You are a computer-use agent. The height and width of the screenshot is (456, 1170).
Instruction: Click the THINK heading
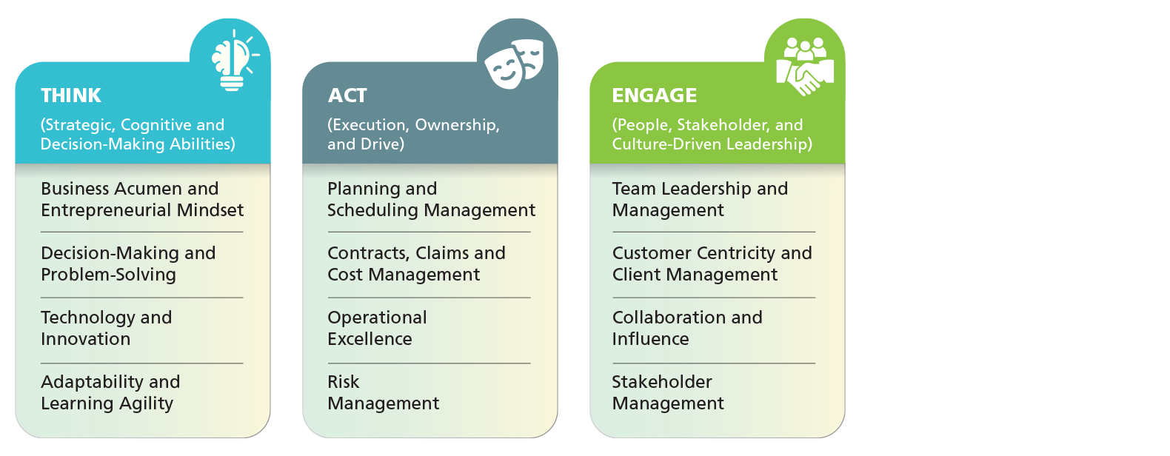(x=71, y=95)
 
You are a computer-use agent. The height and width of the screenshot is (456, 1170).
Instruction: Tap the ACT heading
(x=347, y=95)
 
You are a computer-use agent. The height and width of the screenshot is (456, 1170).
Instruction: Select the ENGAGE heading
(x=655, y=95)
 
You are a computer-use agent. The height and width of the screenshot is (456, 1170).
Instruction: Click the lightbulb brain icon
(x=235, y=60)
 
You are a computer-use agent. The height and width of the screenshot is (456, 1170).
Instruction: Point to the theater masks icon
(x=515, y=63)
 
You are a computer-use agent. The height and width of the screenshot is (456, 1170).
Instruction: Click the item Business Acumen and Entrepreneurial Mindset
(x=142, y=199)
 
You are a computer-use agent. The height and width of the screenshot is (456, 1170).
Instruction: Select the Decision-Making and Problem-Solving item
(x=128, y=264)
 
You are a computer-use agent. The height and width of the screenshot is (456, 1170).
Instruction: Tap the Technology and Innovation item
(x=106, y=328)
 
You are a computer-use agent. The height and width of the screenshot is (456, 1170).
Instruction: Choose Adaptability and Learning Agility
(x=110, y=393)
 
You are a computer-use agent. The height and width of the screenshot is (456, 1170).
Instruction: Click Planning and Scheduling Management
(x=432, y=199)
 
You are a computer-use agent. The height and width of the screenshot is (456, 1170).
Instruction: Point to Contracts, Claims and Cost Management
(x=416, y=264)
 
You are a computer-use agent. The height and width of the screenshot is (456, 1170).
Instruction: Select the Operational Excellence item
(x=377, y=328)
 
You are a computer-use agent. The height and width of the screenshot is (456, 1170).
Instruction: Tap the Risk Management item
(x=384, y=393)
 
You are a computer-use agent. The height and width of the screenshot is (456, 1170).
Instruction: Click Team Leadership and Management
(x=700, y=199)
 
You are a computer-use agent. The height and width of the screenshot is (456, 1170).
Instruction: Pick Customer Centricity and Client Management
(x=712, y=264)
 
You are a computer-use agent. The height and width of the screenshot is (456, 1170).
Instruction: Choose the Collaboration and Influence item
(x=687, y=328)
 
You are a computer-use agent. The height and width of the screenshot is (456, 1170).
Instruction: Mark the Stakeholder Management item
(x=668, y=393)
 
